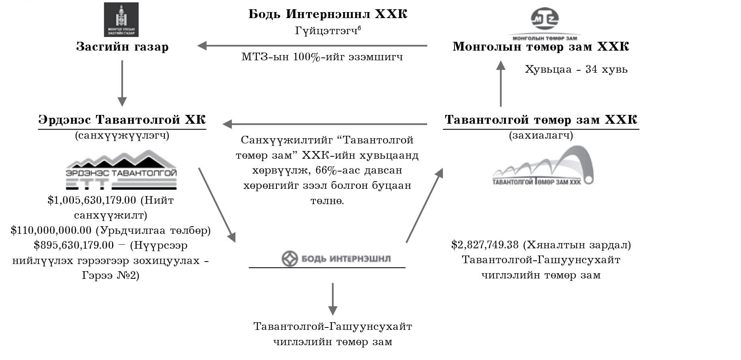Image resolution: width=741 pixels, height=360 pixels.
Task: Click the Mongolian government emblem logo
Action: point(121,20)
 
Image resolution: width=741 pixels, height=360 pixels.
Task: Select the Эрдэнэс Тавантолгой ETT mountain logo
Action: point(121,170)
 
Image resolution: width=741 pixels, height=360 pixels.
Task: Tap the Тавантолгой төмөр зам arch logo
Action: point(543,165)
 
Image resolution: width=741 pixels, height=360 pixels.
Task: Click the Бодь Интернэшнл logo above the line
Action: point(336,259)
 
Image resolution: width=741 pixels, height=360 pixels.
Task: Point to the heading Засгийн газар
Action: point(122,47)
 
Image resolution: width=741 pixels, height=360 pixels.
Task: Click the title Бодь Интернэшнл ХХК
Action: point(328,14)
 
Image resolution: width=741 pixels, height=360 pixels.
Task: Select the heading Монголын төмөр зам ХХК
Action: point(541,47)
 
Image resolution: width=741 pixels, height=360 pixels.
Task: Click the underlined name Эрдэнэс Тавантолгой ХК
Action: point(122,120)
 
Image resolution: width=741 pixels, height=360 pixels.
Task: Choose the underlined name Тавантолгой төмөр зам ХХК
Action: point(541,120)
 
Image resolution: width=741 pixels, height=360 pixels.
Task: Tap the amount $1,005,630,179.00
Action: point(92,200)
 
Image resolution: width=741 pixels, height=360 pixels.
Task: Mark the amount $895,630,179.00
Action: point(74,245)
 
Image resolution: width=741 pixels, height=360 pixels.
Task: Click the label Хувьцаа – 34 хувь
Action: point(576,70)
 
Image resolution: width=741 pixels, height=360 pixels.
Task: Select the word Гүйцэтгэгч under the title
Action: point(326,31)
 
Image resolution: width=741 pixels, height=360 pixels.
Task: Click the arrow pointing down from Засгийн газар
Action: point(122,83)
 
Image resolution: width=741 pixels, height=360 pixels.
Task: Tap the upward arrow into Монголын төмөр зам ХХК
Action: point(501,84)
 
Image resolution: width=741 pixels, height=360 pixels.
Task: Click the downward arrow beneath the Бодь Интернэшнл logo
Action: point(333,299)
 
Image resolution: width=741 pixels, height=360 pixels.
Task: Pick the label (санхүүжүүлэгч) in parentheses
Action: point(122,135)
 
